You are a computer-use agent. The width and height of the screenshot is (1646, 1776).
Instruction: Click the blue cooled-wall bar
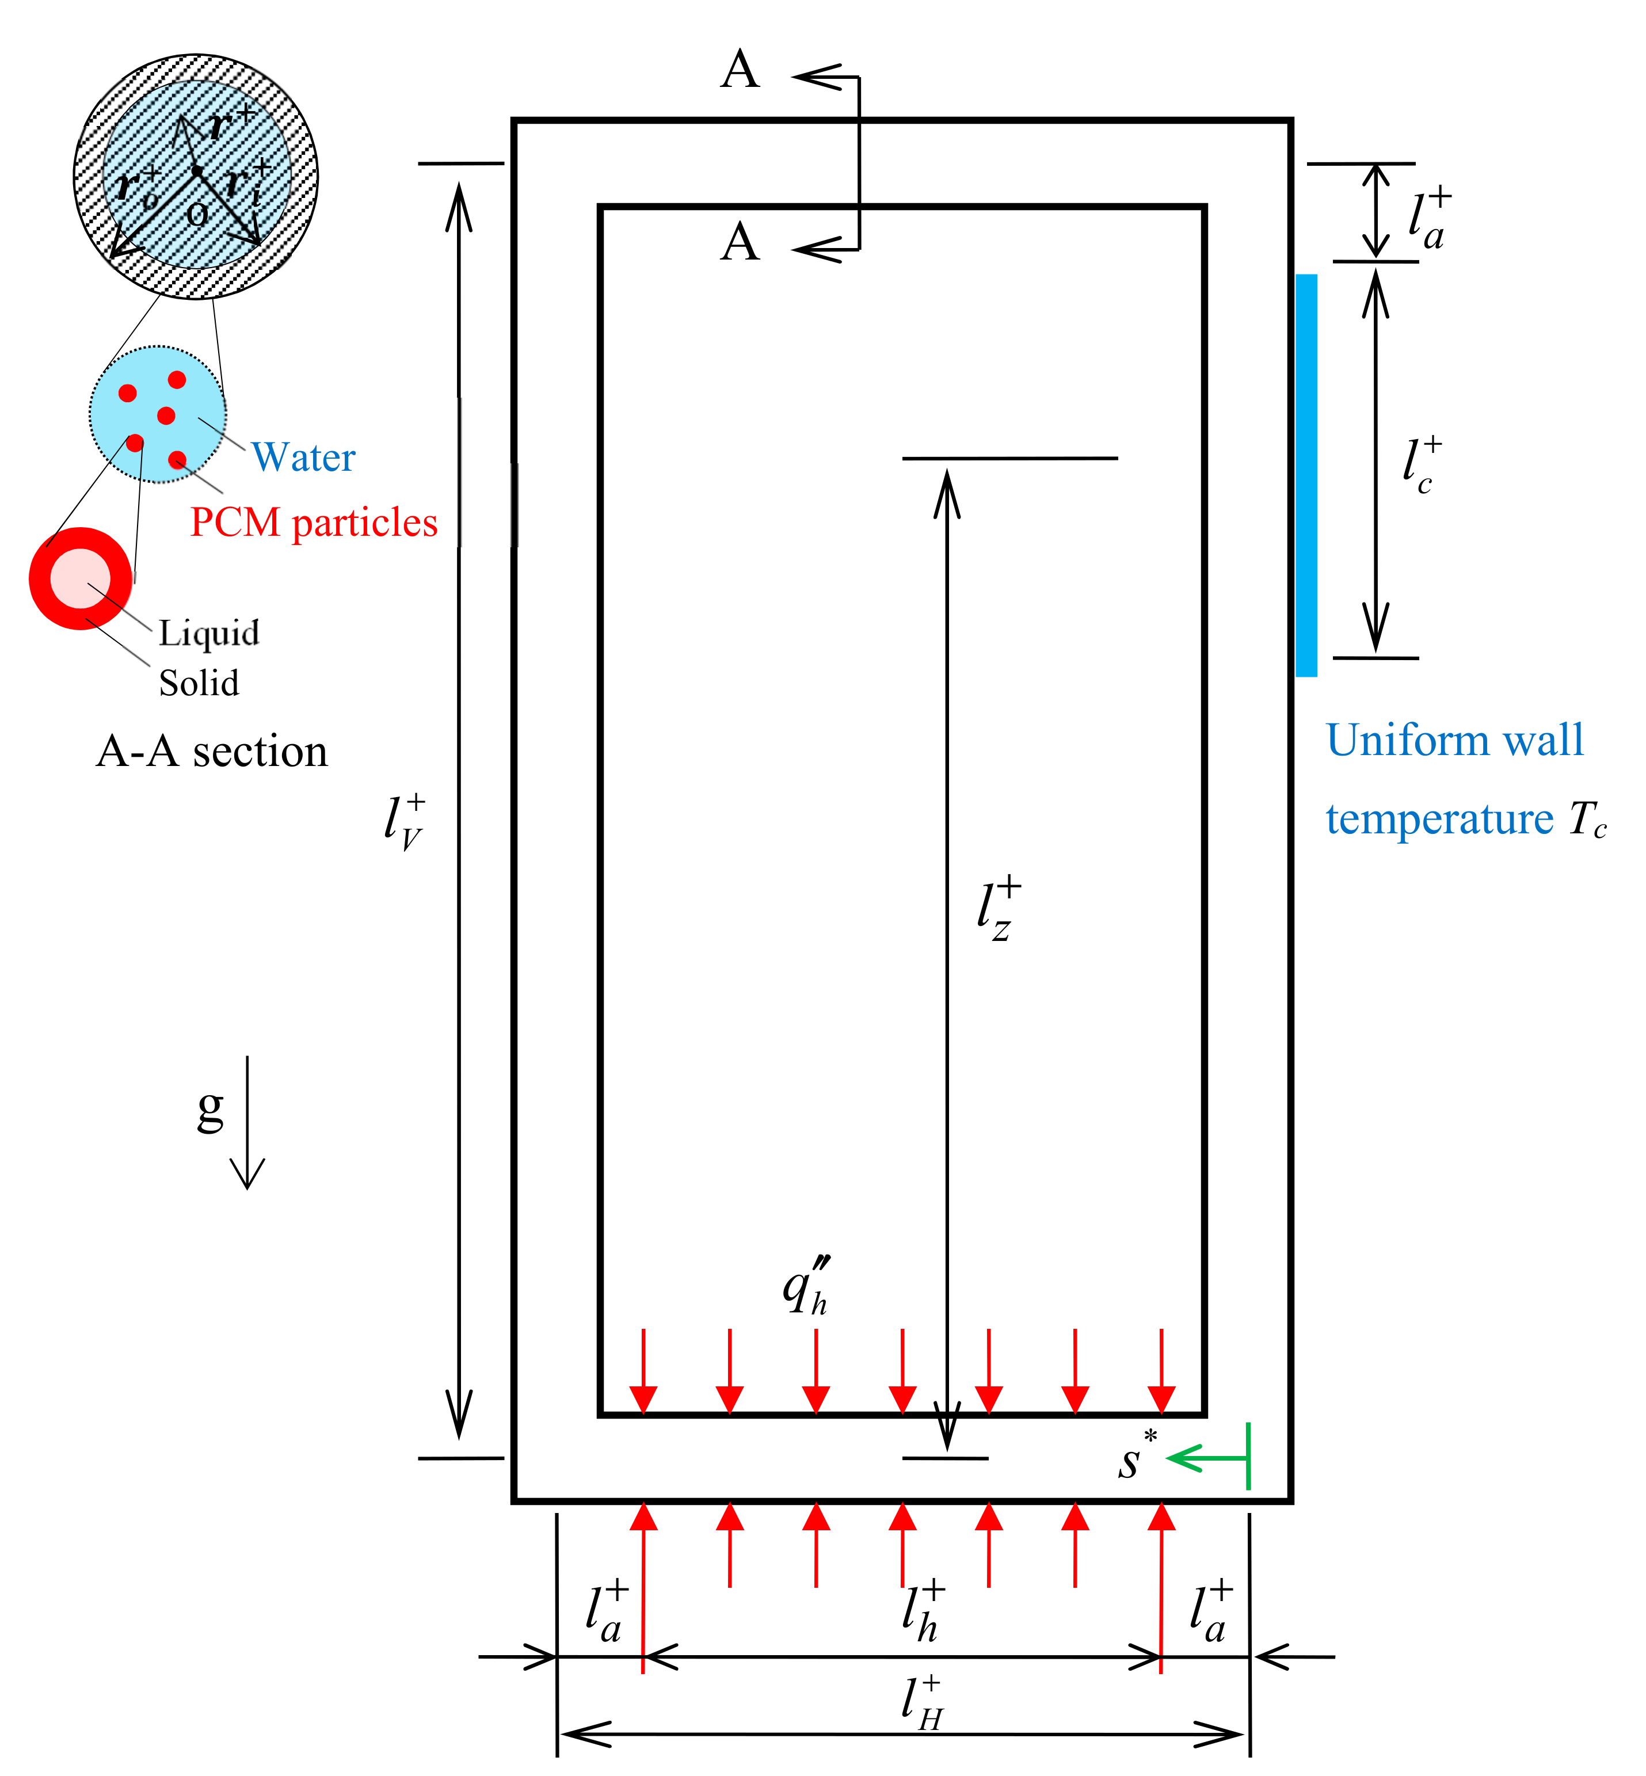click(x=1306, y=475)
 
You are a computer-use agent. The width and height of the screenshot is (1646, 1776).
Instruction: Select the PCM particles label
click(x=314, y=523)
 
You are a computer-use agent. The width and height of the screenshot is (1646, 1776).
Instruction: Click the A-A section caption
click(x=212, y=752)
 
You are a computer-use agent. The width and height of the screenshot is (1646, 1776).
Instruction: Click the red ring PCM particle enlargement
click(x=80, y=579)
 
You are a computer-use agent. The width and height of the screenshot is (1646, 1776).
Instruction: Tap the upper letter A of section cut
click(x=740, y=71)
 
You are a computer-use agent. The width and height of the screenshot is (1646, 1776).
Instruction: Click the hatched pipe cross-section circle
click(x=196, y=176)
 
